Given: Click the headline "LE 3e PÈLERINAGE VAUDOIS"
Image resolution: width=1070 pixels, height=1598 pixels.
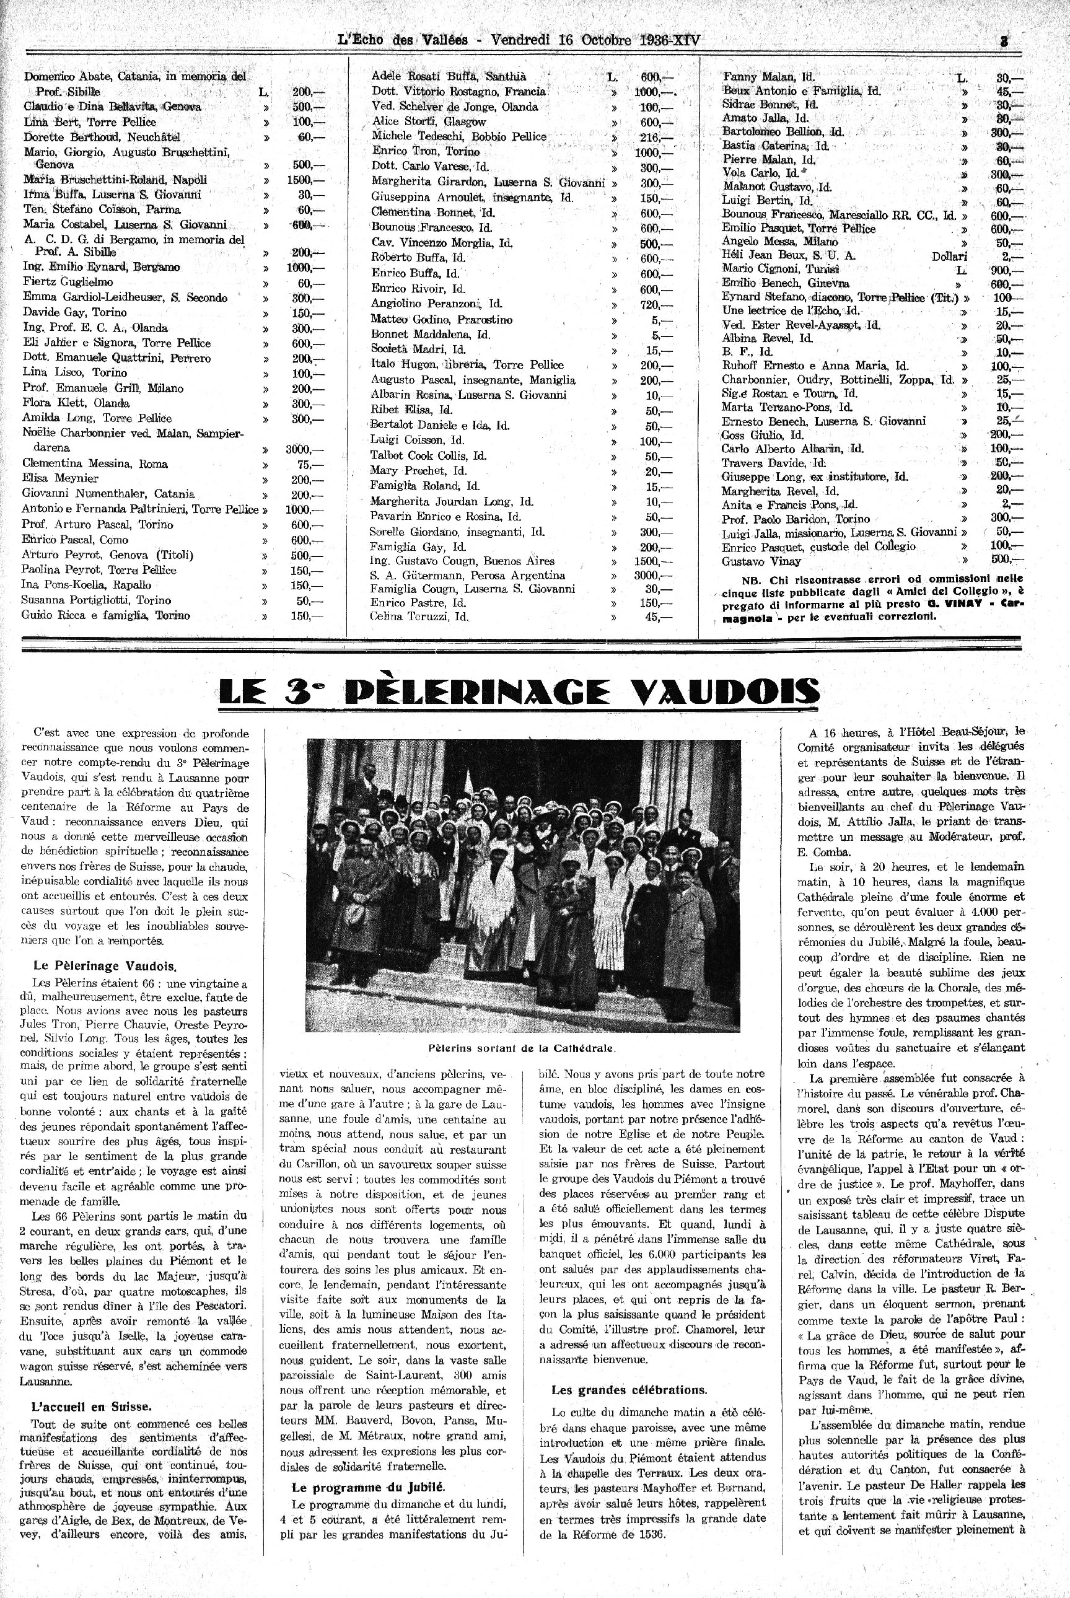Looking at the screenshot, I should tap(519, 692).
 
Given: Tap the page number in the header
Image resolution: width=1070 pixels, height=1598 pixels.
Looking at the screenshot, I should tap(1004, 40).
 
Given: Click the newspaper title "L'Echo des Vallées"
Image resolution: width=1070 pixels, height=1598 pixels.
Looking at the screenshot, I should tap(403, 40).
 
